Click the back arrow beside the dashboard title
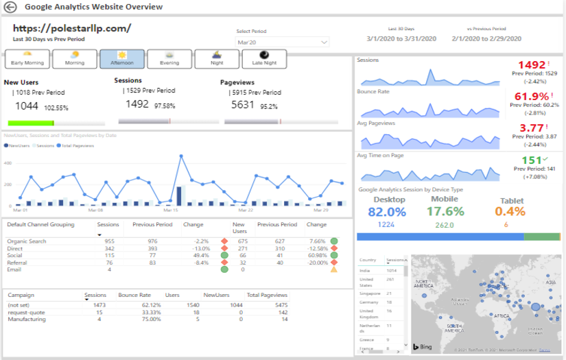[10, 7]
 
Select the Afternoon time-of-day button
[122, 58]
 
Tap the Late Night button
[264, 58]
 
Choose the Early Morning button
[27, 58]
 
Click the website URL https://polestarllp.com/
[72, 29]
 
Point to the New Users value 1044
[27, 106]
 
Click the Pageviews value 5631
[243, 105]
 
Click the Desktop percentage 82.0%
[387, 211]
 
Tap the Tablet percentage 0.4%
[511, 211]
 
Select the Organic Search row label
[27, 241]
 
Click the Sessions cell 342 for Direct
[109, 248]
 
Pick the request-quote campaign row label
[25, 312]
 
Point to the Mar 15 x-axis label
[170, 210]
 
